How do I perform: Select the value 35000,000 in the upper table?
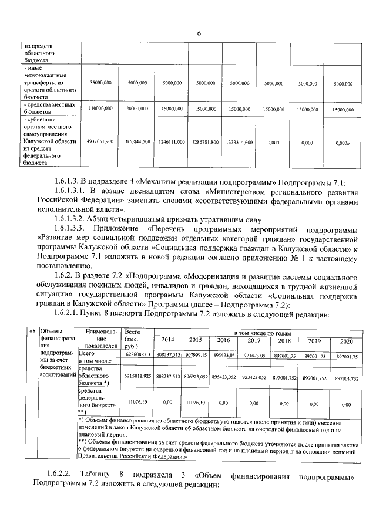coord(101,84)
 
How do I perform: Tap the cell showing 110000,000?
coord(101,109)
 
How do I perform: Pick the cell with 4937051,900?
coord(100,142)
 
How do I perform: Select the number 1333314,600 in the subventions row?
coord(239,142)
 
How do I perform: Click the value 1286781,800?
coord(206,142)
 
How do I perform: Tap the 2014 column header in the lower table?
coord(167,340)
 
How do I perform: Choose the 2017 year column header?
coord(254,340)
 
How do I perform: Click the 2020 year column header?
coord(347,341)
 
